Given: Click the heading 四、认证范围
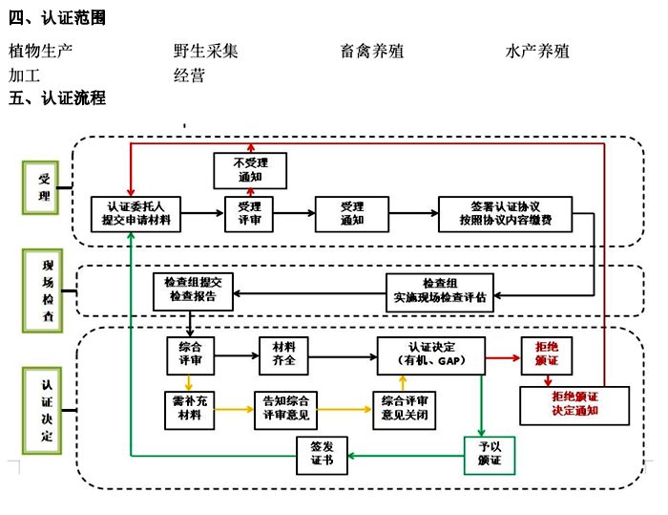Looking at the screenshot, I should pos(57,18).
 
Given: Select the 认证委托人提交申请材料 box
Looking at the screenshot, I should pos(136,212).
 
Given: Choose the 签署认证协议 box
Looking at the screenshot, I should pos(506,212).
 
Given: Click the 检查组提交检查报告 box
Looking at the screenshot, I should pos(193,290).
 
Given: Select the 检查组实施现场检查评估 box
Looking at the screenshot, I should pos(440,290).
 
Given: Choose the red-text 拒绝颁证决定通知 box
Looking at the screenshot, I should pos(574,404).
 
